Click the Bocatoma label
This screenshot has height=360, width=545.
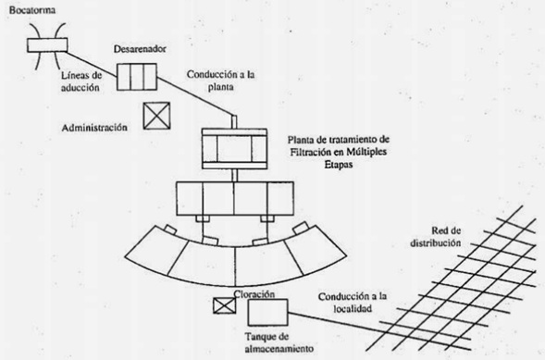pyautogui.click(x=32, y=10)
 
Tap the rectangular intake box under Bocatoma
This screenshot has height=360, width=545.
pyautogui.click(x=47, y=45)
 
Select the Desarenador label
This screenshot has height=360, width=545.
pyautogui.click(x=140, y=49)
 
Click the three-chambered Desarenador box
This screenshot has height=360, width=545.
pyautogui.click(x=137, y=77)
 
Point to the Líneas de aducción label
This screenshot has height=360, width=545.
pyautogui.click(x=81, y=81)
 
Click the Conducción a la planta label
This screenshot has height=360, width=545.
pyautogui.click(x=221, y=81)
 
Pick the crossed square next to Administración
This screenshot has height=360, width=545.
pyautogui.click(x=156, y=116)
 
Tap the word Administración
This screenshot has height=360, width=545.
pyautogui.click(x=94, y=128)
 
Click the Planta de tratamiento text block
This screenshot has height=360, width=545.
pyautogui.click(x=339, y=152)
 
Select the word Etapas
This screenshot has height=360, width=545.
pyautogui.click(x=339, y=165)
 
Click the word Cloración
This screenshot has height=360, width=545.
pyautogui.click(x=254, y=294)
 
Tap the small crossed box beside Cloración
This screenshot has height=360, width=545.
pyautogui.click(x=224, y=305)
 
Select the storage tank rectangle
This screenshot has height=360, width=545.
pyautogui.click(x=267, y=313)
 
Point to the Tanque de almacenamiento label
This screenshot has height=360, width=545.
pyautogui.click(x=279, y=342)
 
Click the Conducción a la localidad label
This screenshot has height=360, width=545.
pyautogui.click(x=353, y=303)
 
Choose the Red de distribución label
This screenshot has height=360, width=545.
pyautogui.click(x=436, y=237)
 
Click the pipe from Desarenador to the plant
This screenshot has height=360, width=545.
pyautogui.click(x=195, y=98)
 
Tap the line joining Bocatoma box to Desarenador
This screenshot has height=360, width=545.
pyautogui.click(x=92, y=64)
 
